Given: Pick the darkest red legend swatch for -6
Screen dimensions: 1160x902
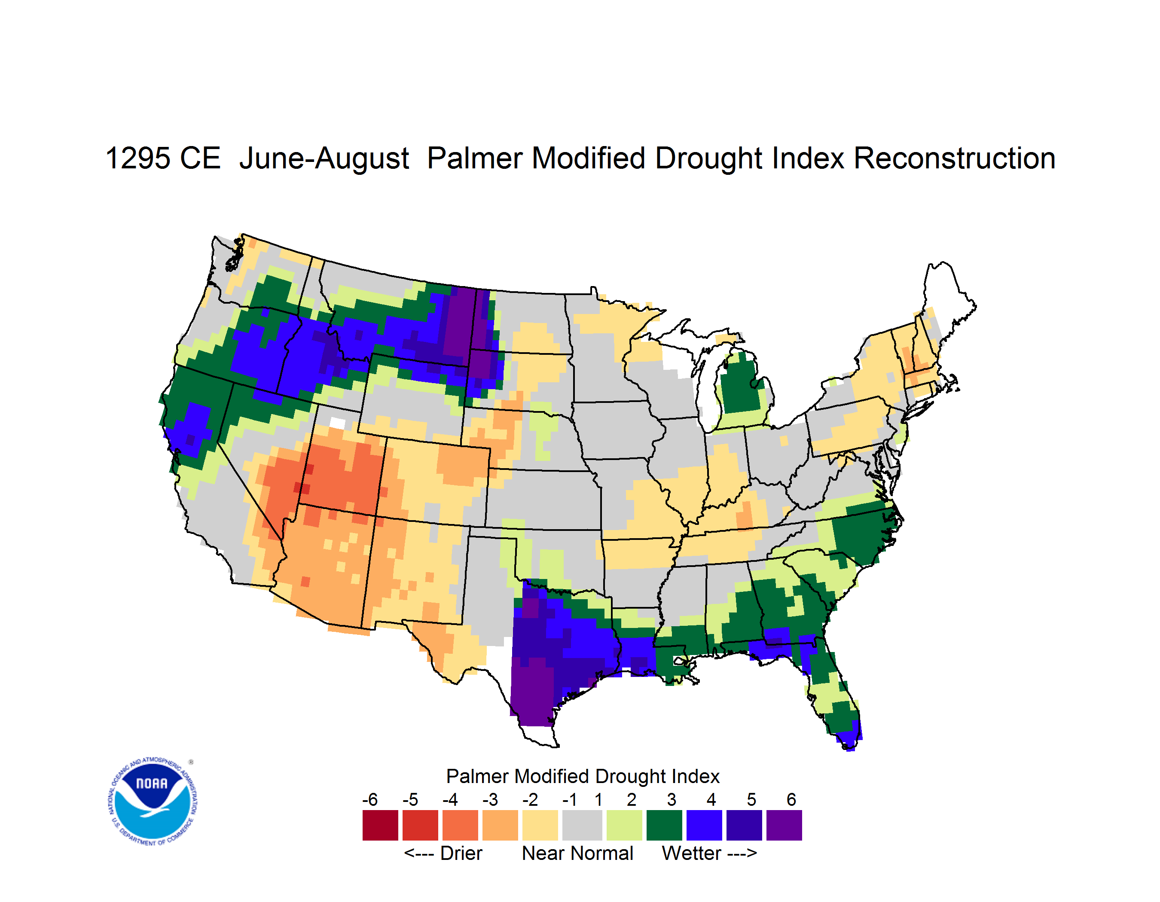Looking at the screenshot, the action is (x=380, y=825).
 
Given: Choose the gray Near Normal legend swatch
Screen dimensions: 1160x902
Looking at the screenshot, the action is (x=582, y=825).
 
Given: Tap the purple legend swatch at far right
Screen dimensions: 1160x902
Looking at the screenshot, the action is (x=784, y=825).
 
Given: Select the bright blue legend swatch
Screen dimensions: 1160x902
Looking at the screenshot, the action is (x=704, y=825).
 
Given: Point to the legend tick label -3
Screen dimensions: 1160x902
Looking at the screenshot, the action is (x=490, y=799).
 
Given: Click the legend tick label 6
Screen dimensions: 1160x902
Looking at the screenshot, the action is (x=791, y=799).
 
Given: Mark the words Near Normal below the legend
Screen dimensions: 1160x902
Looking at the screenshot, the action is (x=577, y=853).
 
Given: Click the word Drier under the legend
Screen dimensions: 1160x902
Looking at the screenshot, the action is (x=461, y=853).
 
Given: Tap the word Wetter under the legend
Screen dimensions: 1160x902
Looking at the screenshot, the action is (x=692, y=853).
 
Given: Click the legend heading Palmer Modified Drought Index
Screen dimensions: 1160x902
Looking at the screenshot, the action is (x=583, y=776).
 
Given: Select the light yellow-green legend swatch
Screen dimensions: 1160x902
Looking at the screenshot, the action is (x=624, y=825).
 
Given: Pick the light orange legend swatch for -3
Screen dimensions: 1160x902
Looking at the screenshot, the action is (x=500, y=825).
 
